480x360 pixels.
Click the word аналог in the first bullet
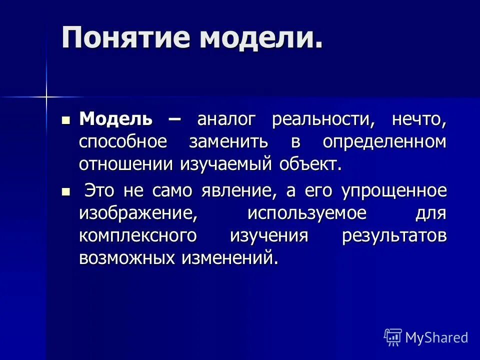(226, 119)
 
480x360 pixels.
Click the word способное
(123, 142)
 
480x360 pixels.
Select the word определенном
(384, 142)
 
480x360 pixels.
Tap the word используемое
(306, 213)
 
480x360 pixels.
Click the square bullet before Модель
(65, 120)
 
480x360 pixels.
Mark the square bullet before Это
(65, 191)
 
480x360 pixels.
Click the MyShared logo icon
(393, 337)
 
